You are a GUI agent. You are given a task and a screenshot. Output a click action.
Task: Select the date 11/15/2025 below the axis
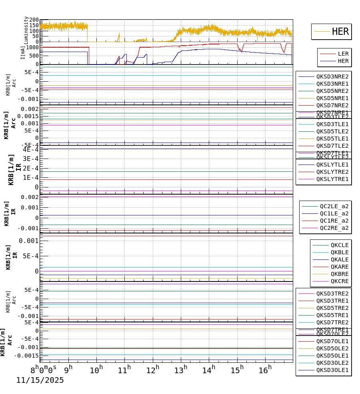pos(40,380)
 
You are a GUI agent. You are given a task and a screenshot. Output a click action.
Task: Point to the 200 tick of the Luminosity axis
pos(34,20)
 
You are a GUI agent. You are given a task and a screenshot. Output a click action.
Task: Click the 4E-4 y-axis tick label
pos(30,149)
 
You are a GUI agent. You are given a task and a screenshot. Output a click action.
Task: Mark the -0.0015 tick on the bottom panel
pos(27,356)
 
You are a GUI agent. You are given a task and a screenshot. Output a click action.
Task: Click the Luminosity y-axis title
pos(26,30)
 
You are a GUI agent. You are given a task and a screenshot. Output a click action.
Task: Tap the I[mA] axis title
pos(23,52)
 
